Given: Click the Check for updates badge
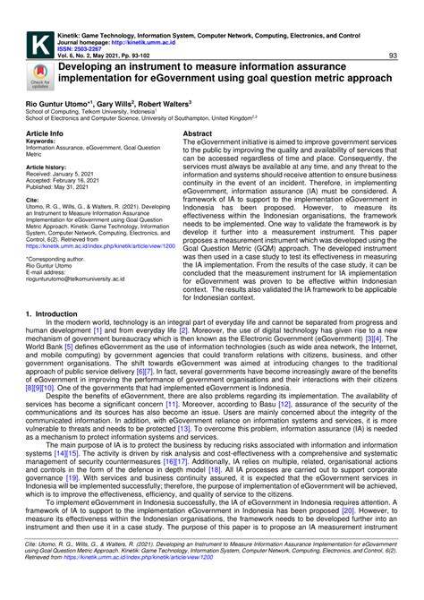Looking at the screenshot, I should click(x=40, y=77).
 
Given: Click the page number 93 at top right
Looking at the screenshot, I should click(x=394, y=56).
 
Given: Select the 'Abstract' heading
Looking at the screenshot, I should click(x=197, y=132).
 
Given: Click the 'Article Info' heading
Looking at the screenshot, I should click(x=45, y=132).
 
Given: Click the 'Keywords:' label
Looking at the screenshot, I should click(x=41, y=141).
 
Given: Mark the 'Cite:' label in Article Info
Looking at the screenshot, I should click(x=33, y=201).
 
